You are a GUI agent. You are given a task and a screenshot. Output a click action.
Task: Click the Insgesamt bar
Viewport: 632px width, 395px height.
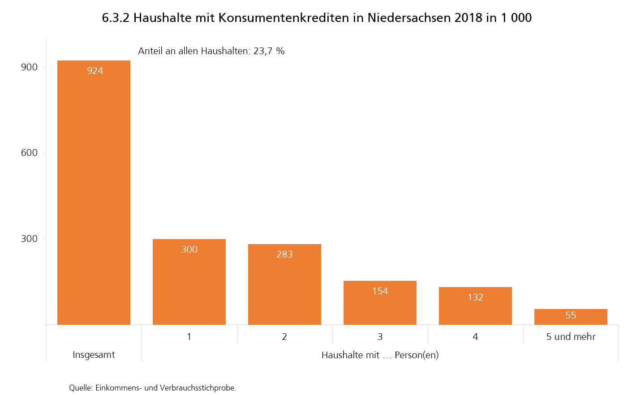[x=94, y=193]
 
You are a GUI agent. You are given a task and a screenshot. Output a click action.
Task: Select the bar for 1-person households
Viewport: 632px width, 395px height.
[x=189, y=282]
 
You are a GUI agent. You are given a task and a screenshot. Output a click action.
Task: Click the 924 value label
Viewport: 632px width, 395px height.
[x=95, y=71]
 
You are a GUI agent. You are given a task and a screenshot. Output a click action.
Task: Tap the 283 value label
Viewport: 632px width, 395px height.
[x=284, y=254]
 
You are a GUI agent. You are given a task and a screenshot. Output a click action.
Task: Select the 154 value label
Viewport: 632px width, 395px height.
[x=380, y=291]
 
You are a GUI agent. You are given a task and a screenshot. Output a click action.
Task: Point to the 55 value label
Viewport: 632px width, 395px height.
[x=571, y=315]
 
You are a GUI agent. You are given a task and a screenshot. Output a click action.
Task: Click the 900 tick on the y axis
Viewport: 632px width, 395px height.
[x=30, y=67]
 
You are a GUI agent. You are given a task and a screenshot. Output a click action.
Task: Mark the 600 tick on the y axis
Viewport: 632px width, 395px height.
[x=30, y=153]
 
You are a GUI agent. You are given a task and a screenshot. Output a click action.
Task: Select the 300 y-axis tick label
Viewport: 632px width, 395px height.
[x=30, y=239]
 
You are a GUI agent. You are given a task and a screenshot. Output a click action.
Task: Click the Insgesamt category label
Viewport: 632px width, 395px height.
[x=94, y=355]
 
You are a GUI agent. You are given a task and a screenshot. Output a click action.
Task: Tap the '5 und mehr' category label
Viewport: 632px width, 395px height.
[x=571, y=337]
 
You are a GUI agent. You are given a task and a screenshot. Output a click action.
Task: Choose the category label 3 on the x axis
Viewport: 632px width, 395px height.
[x=380, y=337]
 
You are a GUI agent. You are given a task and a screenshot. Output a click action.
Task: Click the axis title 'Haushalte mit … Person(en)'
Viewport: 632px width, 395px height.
[x=380, y=355]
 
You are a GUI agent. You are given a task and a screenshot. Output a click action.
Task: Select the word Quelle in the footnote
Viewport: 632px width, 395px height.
[x=81, y=388]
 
